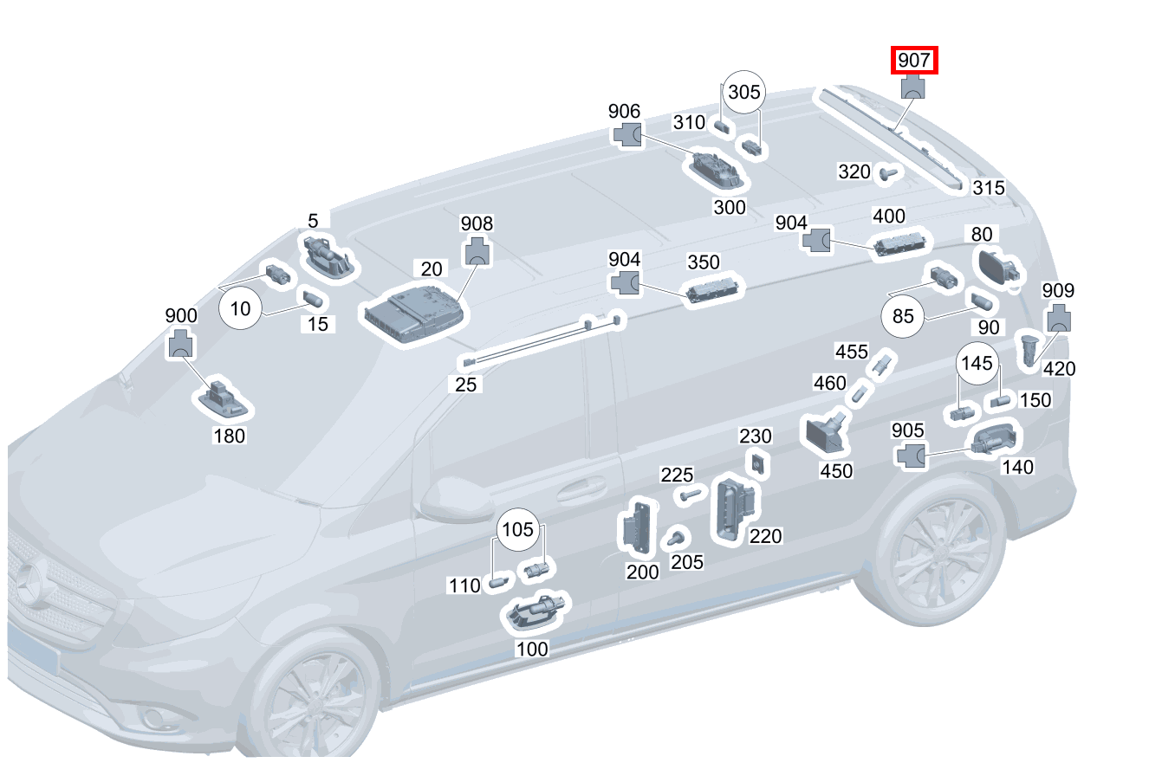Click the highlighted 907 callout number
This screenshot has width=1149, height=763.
click(915, 61)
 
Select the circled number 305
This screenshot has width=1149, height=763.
click(743, 92)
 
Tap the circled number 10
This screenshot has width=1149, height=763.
click(240, 307)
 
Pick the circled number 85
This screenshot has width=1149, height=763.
click(903, 317)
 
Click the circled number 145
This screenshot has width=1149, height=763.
click(977, 364)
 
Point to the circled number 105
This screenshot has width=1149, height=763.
click(518, 530)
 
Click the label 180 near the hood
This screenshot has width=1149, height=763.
click(229, 435)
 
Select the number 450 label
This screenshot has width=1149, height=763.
click(835, 471)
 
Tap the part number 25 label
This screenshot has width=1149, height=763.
click(466, 384)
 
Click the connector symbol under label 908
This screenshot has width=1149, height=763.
click(477, 251)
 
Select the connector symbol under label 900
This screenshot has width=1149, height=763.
click(181, 344)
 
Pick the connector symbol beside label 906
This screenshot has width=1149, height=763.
click(628, 134)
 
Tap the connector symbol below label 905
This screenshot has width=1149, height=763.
click(910, 455)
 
